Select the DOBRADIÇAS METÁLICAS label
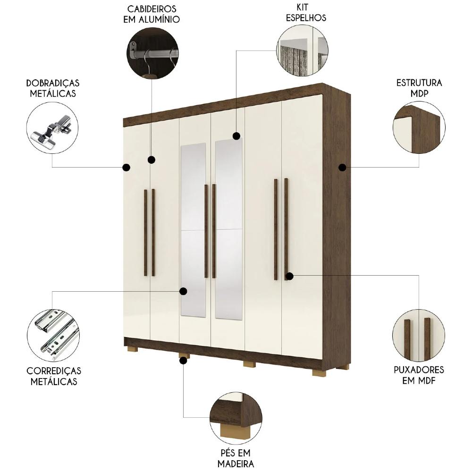[52, 88]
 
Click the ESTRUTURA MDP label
[419, 88]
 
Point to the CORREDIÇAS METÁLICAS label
[53, 376]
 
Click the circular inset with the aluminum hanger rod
[152, 51]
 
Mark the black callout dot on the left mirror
[183, 291]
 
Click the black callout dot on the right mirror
[236, 136]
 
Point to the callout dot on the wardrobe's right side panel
[343, 167]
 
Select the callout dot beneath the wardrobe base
[183, 361]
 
